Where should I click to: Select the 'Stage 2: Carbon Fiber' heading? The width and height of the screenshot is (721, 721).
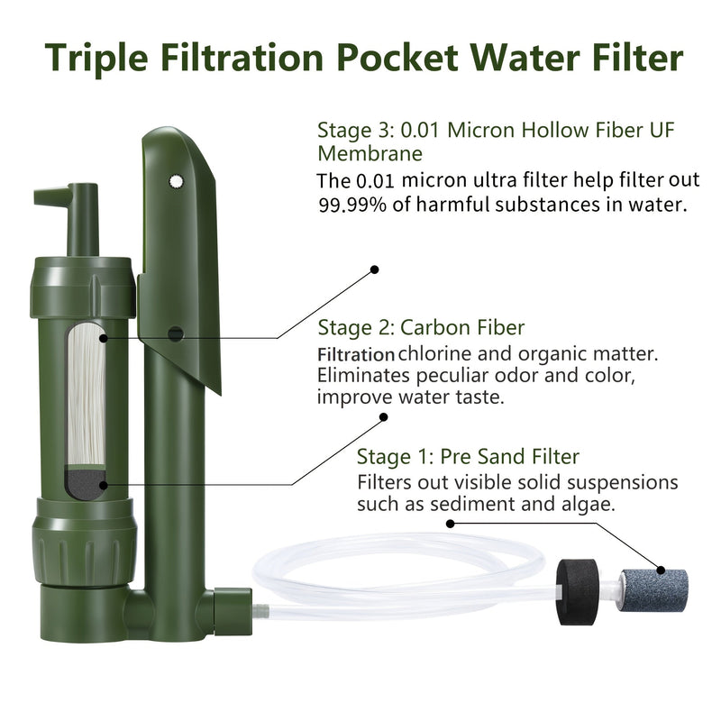pos(422,326)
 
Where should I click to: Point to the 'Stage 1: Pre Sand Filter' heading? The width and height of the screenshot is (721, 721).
pos(468,456)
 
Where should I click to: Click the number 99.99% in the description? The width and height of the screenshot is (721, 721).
pos(354,205)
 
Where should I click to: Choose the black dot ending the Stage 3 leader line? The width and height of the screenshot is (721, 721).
pos(376,269)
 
